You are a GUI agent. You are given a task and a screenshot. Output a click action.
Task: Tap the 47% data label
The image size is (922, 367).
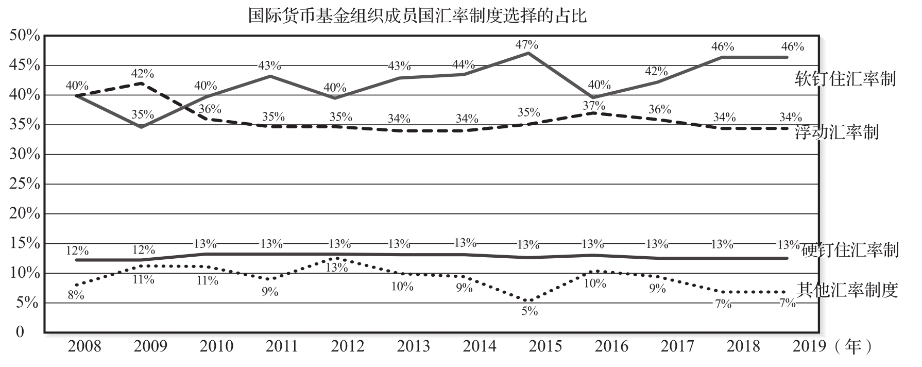(526, 44)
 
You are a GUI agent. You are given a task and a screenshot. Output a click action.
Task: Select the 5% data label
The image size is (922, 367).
(530, 311)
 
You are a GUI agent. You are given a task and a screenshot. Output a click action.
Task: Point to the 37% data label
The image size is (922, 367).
(594, 106)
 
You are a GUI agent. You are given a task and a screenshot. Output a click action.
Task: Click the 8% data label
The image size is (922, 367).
(76, 295)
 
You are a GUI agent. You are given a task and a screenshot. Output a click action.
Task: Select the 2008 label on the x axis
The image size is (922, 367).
(84, 346)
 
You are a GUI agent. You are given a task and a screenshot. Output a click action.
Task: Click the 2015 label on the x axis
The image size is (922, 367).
(545, 346)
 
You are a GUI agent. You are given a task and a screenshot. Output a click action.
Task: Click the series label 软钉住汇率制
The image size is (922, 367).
(845, 79)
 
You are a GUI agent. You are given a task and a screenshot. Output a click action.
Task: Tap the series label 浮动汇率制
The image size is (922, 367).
(836, 132)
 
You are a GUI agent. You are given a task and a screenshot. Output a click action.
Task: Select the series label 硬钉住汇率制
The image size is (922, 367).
(850, 250)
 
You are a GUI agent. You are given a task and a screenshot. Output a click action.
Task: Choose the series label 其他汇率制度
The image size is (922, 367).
(847, 290)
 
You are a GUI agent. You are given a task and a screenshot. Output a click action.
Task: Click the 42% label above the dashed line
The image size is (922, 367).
(142, 74)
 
